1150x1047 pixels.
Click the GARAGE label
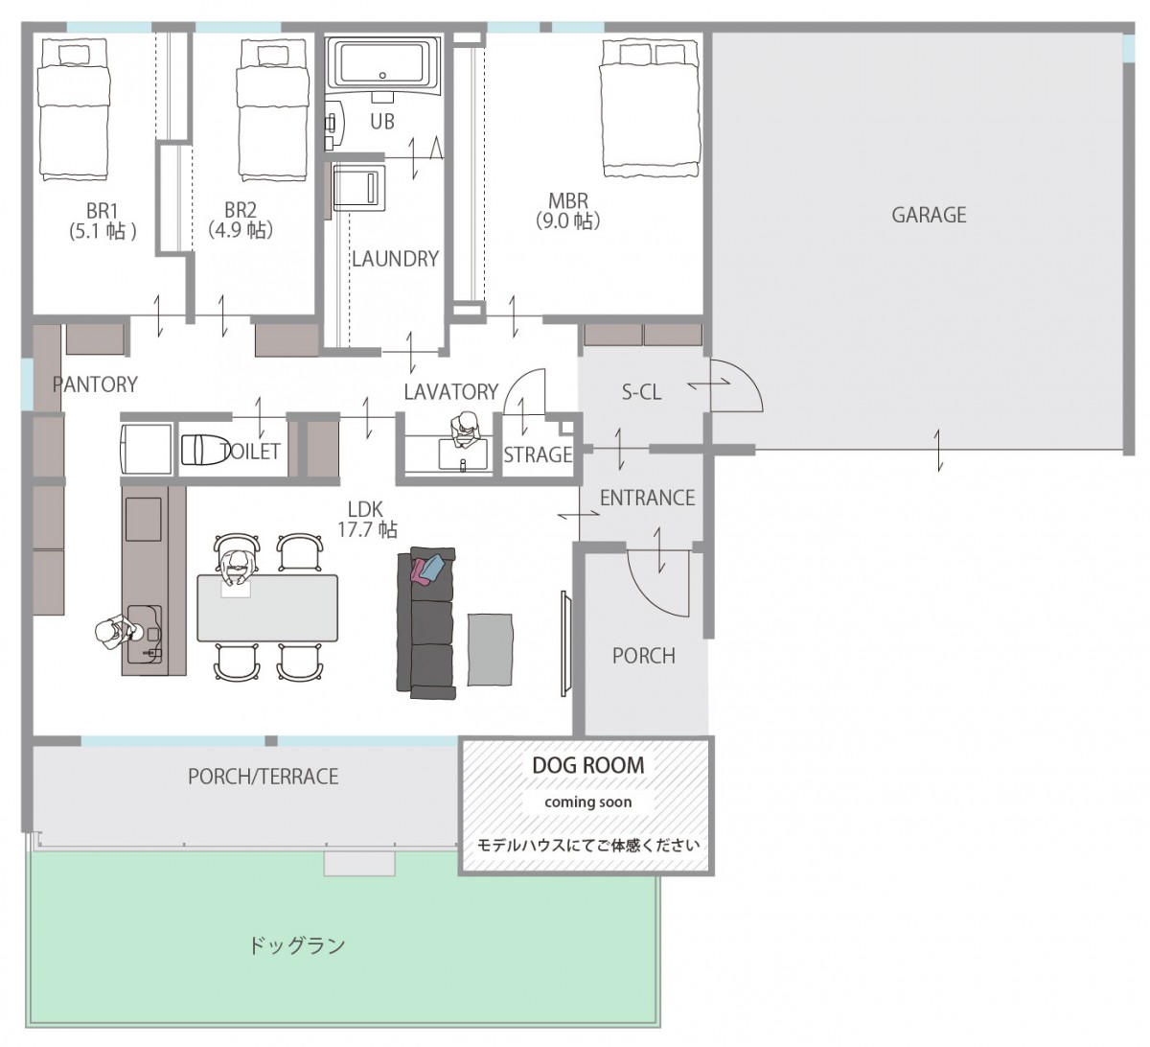(929, 215)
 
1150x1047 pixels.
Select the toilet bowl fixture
(203, 451)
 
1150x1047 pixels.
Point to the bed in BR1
(73, 109)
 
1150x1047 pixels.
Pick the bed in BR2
(273, 109)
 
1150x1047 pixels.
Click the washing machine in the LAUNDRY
(358, 188)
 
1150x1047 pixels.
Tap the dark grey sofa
(426, 623)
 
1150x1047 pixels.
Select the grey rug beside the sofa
(490, 649)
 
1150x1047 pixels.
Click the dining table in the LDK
(267, 608)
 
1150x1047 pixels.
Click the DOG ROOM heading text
(587, 765)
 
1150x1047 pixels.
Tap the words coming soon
(587, 803)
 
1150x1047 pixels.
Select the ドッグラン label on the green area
(297, 944)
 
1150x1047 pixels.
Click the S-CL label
(641, 392)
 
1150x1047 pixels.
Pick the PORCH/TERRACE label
(264, 777)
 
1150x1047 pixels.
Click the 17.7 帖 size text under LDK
(367, 529)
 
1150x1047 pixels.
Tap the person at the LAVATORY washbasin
(467, 430)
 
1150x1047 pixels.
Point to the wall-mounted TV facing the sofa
(565, 643)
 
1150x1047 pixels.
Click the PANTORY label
(95, 384)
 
